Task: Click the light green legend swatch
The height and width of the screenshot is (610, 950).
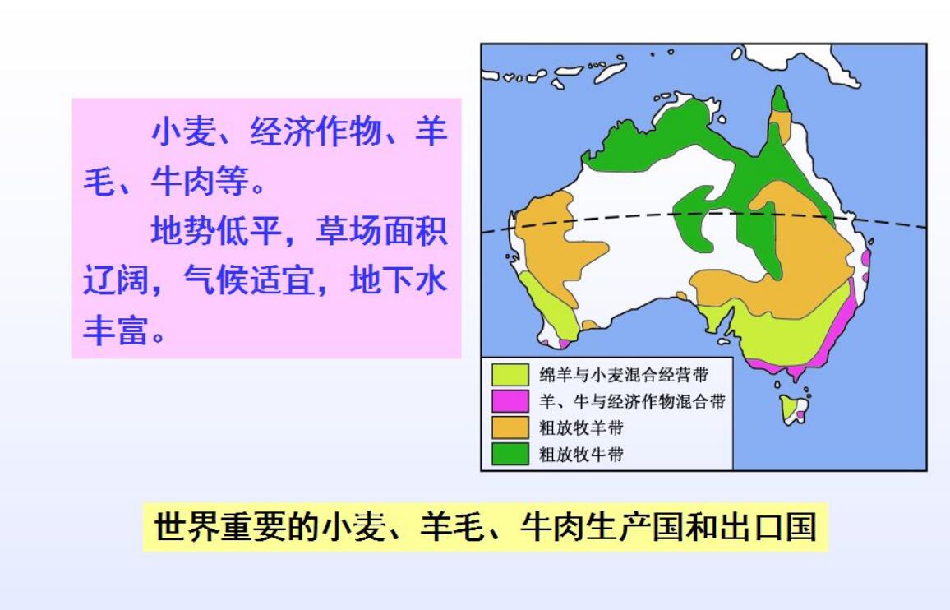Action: click(510, 375)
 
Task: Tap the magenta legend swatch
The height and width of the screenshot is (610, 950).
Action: click(510, 401)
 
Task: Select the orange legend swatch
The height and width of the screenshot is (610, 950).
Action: click(510, 427)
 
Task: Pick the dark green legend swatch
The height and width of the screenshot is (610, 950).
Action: click(510, 454)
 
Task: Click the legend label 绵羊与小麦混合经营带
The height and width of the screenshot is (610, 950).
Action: click(624, 375)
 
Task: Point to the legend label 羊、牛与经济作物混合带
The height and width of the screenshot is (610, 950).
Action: click(633, 401)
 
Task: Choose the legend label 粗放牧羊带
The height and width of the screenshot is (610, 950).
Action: click(582, 427)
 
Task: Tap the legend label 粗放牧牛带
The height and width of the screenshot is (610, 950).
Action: click(582, 454)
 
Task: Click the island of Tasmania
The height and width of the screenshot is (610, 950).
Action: click(795, 409)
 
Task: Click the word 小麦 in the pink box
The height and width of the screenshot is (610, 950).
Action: click(183, 132)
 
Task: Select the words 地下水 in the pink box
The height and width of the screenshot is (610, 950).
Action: click(399, 280)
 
